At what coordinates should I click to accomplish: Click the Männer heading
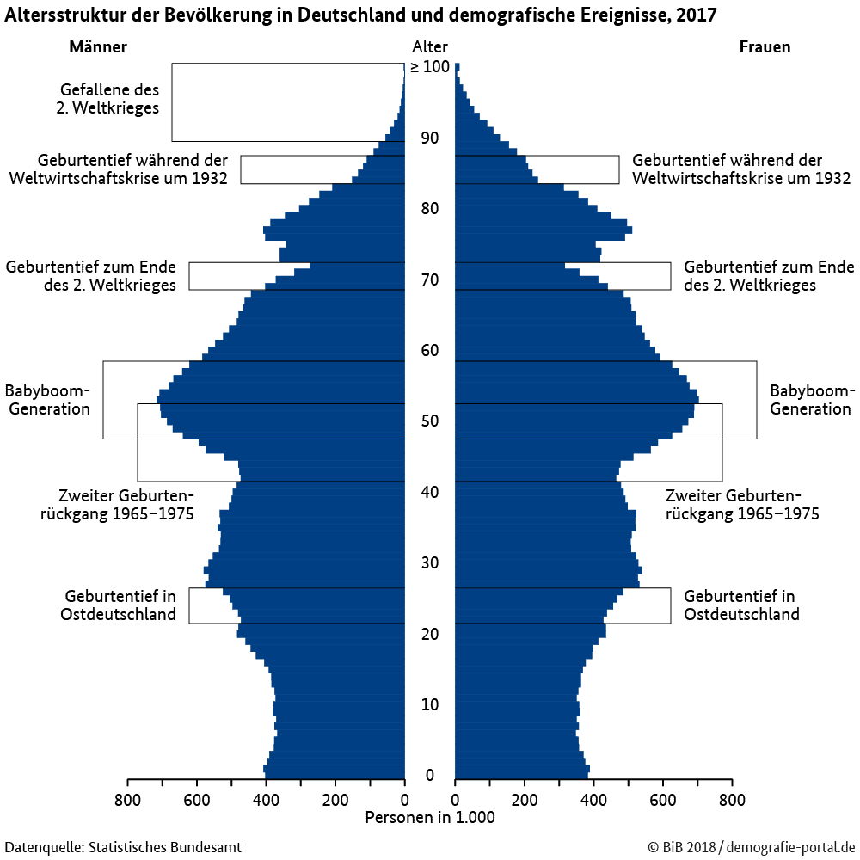point(97,47)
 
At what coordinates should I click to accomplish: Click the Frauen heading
point(765,47)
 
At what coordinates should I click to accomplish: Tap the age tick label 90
point(430,138)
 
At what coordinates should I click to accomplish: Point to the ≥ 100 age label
point(429,67)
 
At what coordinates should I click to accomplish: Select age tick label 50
point(430,421)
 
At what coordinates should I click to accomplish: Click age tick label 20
point(430,635)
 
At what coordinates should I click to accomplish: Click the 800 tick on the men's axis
point(127,797)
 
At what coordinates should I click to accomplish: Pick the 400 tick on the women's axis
point(593,797)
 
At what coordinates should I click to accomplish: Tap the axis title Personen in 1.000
point(430,818)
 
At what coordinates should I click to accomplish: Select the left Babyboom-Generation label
point(47,400)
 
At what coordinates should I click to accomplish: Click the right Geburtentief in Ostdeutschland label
point(741,605)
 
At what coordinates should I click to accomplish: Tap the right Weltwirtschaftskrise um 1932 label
point(741,169)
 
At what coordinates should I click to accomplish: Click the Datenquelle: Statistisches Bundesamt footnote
point(123,847)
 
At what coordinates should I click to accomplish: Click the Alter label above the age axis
point(429,47)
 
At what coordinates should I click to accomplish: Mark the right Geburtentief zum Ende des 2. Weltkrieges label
point(769,276)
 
